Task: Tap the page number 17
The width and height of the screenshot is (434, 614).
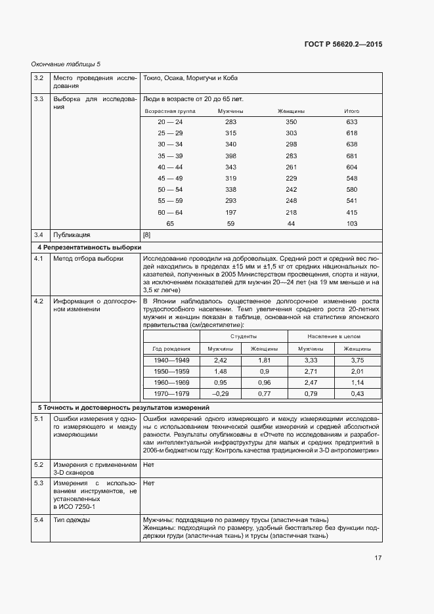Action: (378, 558)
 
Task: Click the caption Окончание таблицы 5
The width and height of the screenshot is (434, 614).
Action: (66, 64)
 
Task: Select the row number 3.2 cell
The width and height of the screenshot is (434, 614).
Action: (39, 78)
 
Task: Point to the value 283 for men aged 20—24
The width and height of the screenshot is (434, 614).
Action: (230, 122)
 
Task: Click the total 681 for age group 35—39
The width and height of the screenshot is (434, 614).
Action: (351, 156)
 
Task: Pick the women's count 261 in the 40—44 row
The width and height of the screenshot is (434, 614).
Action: (292, 167)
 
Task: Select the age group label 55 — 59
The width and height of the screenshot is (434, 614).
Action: (170, 200)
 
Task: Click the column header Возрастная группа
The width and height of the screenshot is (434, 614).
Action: (170, 111)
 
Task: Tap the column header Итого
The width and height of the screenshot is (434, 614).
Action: (351, 111)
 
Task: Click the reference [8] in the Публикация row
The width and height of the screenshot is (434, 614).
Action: (147, 234)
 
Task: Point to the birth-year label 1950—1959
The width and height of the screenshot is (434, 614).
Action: (171, 371)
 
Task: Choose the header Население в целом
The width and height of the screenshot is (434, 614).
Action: (335, 336)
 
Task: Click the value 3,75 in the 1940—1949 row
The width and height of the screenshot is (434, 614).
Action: (357, 361)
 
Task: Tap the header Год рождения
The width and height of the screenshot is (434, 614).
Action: (171, 349)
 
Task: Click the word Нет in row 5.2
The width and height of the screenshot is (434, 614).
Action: (148, 464)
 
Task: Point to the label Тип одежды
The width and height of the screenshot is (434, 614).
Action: (72, 519)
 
